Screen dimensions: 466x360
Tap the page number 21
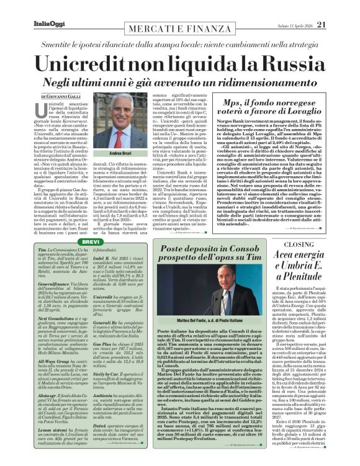click(x=339, y=7)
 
